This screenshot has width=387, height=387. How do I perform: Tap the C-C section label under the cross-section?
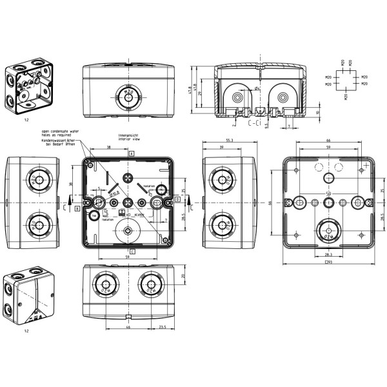253,121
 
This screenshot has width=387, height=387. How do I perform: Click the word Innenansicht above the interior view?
127,134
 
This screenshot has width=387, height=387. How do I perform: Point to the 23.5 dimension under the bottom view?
163,327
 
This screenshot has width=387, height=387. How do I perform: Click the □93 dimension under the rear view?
328,263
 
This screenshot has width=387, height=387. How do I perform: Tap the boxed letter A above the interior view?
132,154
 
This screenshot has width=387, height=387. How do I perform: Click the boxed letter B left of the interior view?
77,208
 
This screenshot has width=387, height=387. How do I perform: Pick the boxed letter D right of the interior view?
177,200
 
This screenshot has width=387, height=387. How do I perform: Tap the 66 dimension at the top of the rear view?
328,140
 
